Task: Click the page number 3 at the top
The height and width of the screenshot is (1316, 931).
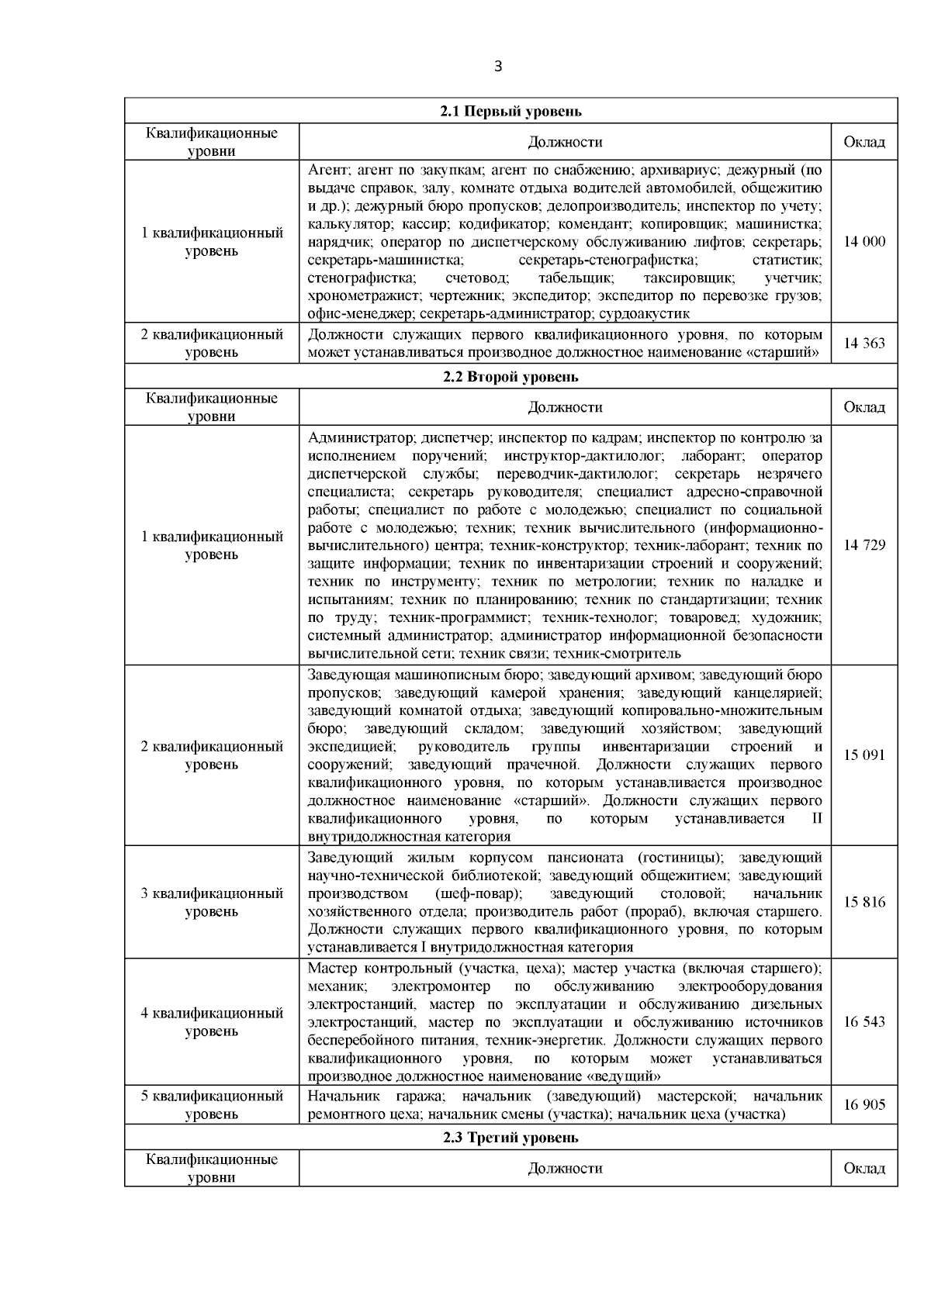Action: point(498,67)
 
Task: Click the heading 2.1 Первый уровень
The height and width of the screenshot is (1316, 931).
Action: point(510,112)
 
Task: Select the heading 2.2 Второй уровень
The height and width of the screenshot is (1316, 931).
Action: point(510,377)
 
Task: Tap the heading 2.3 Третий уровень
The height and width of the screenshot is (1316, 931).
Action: point(510,1138)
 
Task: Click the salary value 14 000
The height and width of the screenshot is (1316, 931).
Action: point(864,242)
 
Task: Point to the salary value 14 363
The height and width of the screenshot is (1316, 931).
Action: point(864,344)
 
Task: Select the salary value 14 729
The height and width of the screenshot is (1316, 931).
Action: point(864,545)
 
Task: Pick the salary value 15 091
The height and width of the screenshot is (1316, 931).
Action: point(864,755)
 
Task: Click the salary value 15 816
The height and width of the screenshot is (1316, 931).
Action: point(864,902)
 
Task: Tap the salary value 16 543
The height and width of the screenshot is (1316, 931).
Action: point(864,1022)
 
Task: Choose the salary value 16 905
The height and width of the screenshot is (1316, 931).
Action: point(864,1105)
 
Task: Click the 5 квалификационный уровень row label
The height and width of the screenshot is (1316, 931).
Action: point(212,1105)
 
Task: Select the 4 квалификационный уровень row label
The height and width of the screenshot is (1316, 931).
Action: point(212,1022)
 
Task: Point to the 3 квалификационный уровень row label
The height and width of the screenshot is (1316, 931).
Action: point(212,902)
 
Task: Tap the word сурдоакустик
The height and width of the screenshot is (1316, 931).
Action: point(649,314)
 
